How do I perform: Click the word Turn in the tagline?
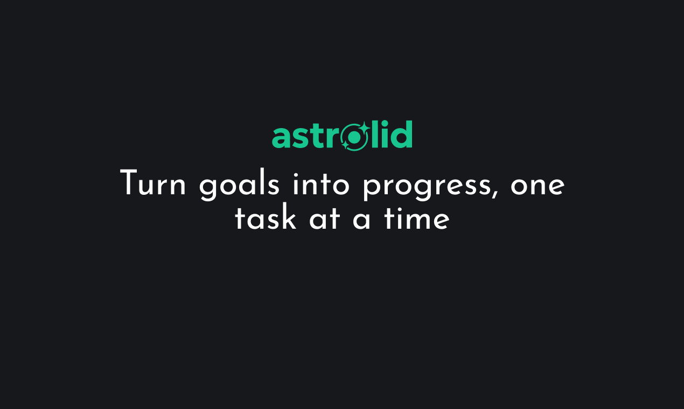pos(152,182)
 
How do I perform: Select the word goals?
pos(239,185)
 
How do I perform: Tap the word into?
pos(321,184)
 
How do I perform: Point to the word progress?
pos(427,187)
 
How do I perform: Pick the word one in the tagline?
pos(538,186)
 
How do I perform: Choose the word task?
pos(266,216)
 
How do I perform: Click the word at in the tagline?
pos(324,218)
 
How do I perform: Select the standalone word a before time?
pos(361,220)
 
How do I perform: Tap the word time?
pos(416,217)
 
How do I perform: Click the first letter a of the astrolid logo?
pos(281,138)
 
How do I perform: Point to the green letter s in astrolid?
pos(300,138)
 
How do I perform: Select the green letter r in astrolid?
pos(332,138)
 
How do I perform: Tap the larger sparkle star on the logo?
pos(364,127)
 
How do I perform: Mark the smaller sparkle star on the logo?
pos(345,145)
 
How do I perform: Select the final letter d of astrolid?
pos(402,135)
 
